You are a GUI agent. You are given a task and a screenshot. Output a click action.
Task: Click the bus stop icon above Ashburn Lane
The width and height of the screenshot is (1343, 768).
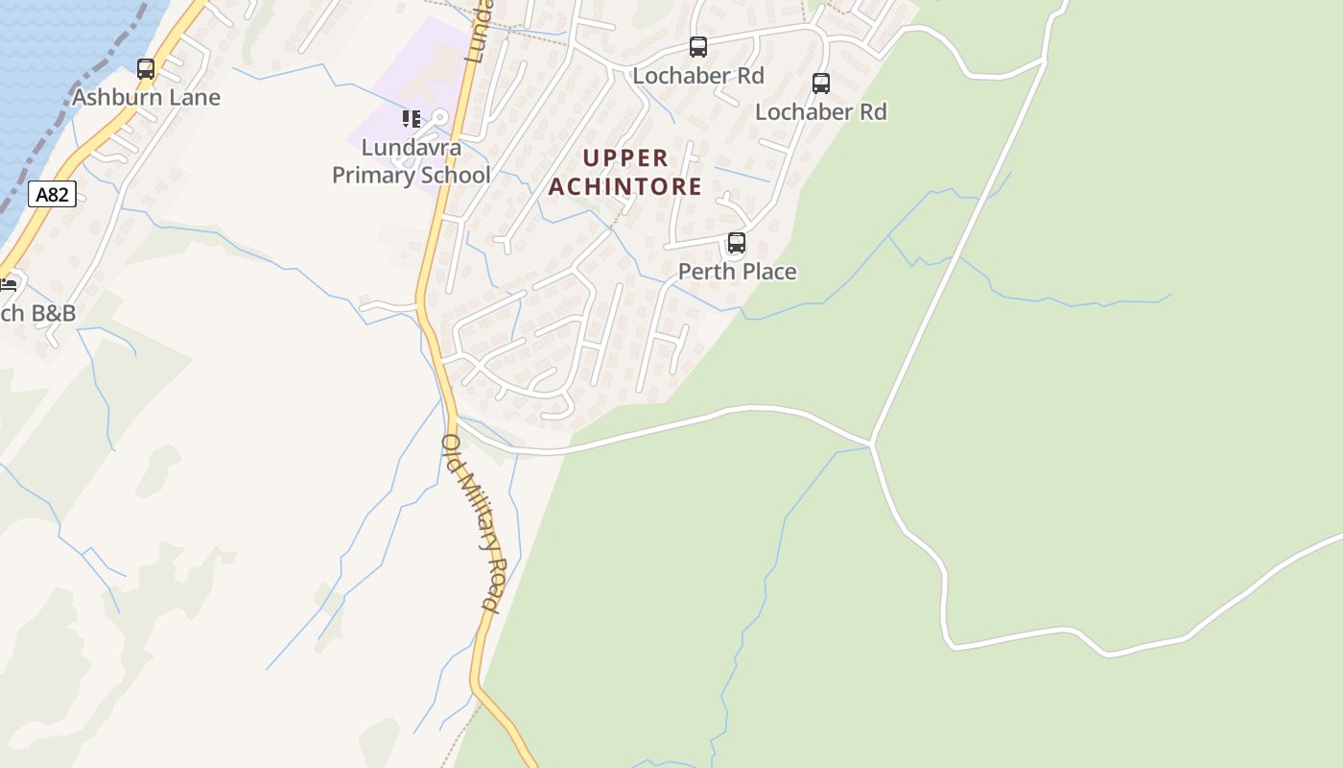(x=146, y=69)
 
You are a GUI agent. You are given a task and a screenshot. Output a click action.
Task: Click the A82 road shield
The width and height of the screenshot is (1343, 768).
(x=52, y=195)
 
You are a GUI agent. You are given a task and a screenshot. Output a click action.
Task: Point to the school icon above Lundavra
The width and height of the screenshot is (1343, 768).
(x=411, y=119)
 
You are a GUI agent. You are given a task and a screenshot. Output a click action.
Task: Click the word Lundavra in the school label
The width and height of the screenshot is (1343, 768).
(x=411, y=148)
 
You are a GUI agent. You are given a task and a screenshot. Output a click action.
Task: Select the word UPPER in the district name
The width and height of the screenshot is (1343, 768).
(x=625, y=157)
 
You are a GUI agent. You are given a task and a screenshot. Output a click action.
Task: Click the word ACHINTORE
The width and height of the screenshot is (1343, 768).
(x=625, y=186)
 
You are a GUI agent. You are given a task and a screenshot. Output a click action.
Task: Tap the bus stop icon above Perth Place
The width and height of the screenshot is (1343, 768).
(x=736, y=243)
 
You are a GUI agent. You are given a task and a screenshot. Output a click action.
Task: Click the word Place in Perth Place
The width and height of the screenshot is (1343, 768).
(x=766, y=272)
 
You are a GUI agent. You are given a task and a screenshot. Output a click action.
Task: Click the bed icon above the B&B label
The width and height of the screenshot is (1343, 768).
(x=9, y=284)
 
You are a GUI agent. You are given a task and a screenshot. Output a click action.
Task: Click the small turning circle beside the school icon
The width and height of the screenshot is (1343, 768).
(x=440, y=117)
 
